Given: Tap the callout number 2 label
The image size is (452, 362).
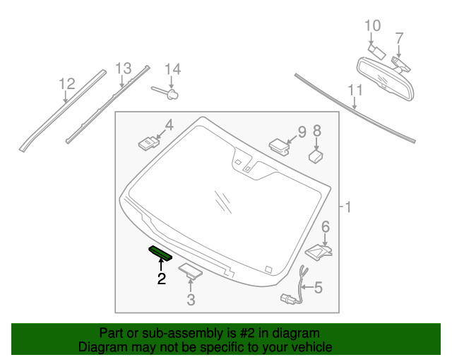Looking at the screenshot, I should click(162, 279).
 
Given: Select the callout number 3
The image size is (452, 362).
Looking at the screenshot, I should click(190, 300).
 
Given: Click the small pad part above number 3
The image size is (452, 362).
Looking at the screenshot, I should click(190, 269).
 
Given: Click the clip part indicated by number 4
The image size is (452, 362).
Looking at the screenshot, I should click(148, 144).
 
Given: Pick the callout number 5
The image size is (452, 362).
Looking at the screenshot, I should click(318, 287).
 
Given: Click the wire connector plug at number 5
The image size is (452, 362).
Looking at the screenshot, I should click(289, 298).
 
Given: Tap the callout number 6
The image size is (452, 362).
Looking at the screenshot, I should click(326, 226).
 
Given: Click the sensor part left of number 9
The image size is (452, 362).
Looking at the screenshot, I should click(279, 145).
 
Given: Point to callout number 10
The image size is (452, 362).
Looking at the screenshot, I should click(372, 26).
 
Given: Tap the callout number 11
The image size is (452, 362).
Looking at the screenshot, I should click(355, 90).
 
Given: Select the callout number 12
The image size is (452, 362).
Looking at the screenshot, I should click(66, 84).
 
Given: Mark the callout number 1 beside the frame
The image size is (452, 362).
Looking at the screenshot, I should click(347, 207).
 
